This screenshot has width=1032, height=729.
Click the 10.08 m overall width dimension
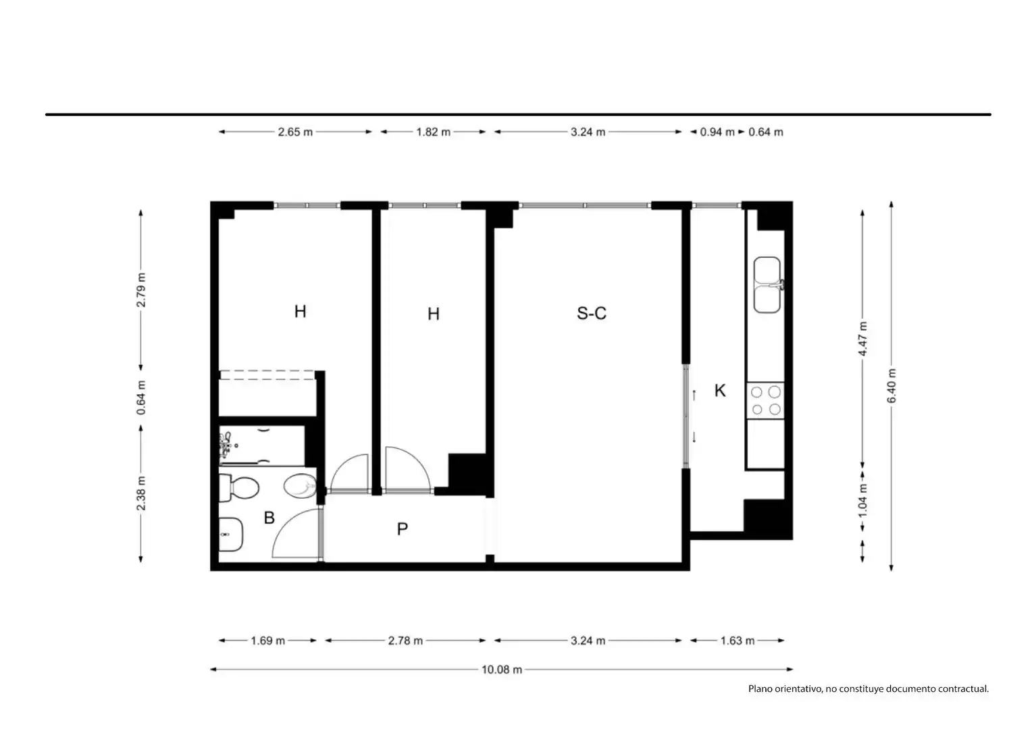(502, 669)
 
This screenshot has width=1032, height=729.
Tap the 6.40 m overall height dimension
(892, 386)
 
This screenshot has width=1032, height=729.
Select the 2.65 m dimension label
(295, 132)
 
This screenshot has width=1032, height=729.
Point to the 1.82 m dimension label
(434, 132)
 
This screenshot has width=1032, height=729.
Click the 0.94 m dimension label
(717, 132)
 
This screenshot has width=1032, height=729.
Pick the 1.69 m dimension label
(267, 641)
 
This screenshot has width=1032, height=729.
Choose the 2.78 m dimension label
(405, 641)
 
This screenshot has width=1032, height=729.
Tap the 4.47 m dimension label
(863, 338)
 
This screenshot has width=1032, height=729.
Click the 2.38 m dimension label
(141, 493)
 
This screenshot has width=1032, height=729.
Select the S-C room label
(592, 313)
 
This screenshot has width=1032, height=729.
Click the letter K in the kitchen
(720, 391)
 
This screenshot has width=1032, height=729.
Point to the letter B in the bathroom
(269, 518)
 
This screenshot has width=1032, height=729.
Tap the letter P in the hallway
(403, 529)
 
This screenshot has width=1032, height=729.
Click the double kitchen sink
(768, 285)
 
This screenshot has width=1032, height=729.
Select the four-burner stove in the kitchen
(766, 401)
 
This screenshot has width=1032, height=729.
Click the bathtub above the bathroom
(261, 446)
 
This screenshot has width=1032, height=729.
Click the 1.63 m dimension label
(738, 641)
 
